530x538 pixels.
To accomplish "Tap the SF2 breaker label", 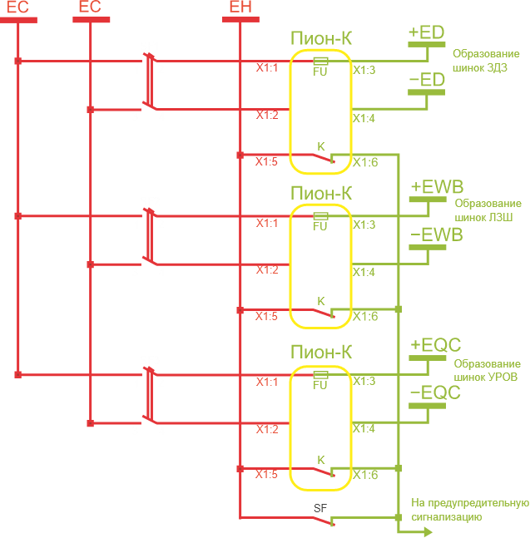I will (x=150, y=201).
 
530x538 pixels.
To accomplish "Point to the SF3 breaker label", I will (x=150, y=360).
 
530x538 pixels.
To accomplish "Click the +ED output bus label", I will (x=426, y=32).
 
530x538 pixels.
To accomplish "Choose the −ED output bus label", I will (x=426, y=80).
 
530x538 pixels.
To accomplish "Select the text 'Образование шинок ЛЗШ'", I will (x=488, y=210).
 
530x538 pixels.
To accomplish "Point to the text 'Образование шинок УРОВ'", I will (x=488, y=370).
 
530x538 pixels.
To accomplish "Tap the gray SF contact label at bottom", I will (x=321, y=506).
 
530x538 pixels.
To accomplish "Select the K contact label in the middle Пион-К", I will (x=321, y=300).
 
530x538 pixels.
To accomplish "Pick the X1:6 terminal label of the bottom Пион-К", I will (x=364, y=476).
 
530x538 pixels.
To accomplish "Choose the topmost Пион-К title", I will (x=321, y=38).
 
